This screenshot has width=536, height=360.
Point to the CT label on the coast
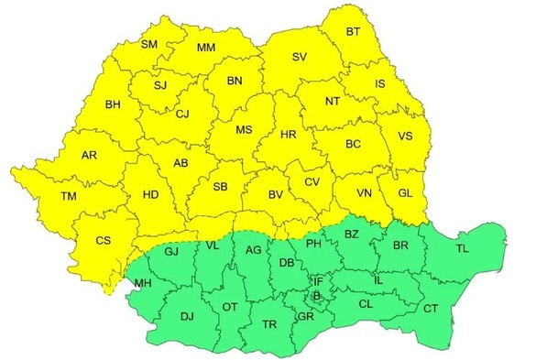pyautogui.click(x=431, y=308)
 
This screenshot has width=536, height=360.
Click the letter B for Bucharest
pyautogui.click(x=317, y=296)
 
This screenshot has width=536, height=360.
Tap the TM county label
pyautogui.click(x=68, y=197)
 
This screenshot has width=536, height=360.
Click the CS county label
pyautogui.click(x=104, y=241)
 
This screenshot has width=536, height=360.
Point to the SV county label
pyautogui.click(x=299, y=57)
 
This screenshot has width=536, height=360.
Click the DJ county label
pyautogui.click(x=187, y=317)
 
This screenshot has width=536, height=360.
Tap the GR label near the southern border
pyautogui.click(x=305, y=316)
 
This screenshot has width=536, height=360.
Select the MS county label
pyautogui.click(x=244, y=130)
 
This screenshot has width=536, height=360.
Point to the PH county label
pyautogui.click(x=313, y=243)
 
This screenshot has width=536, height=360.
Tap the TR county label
pyautogui.click(x=269, y=325)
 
